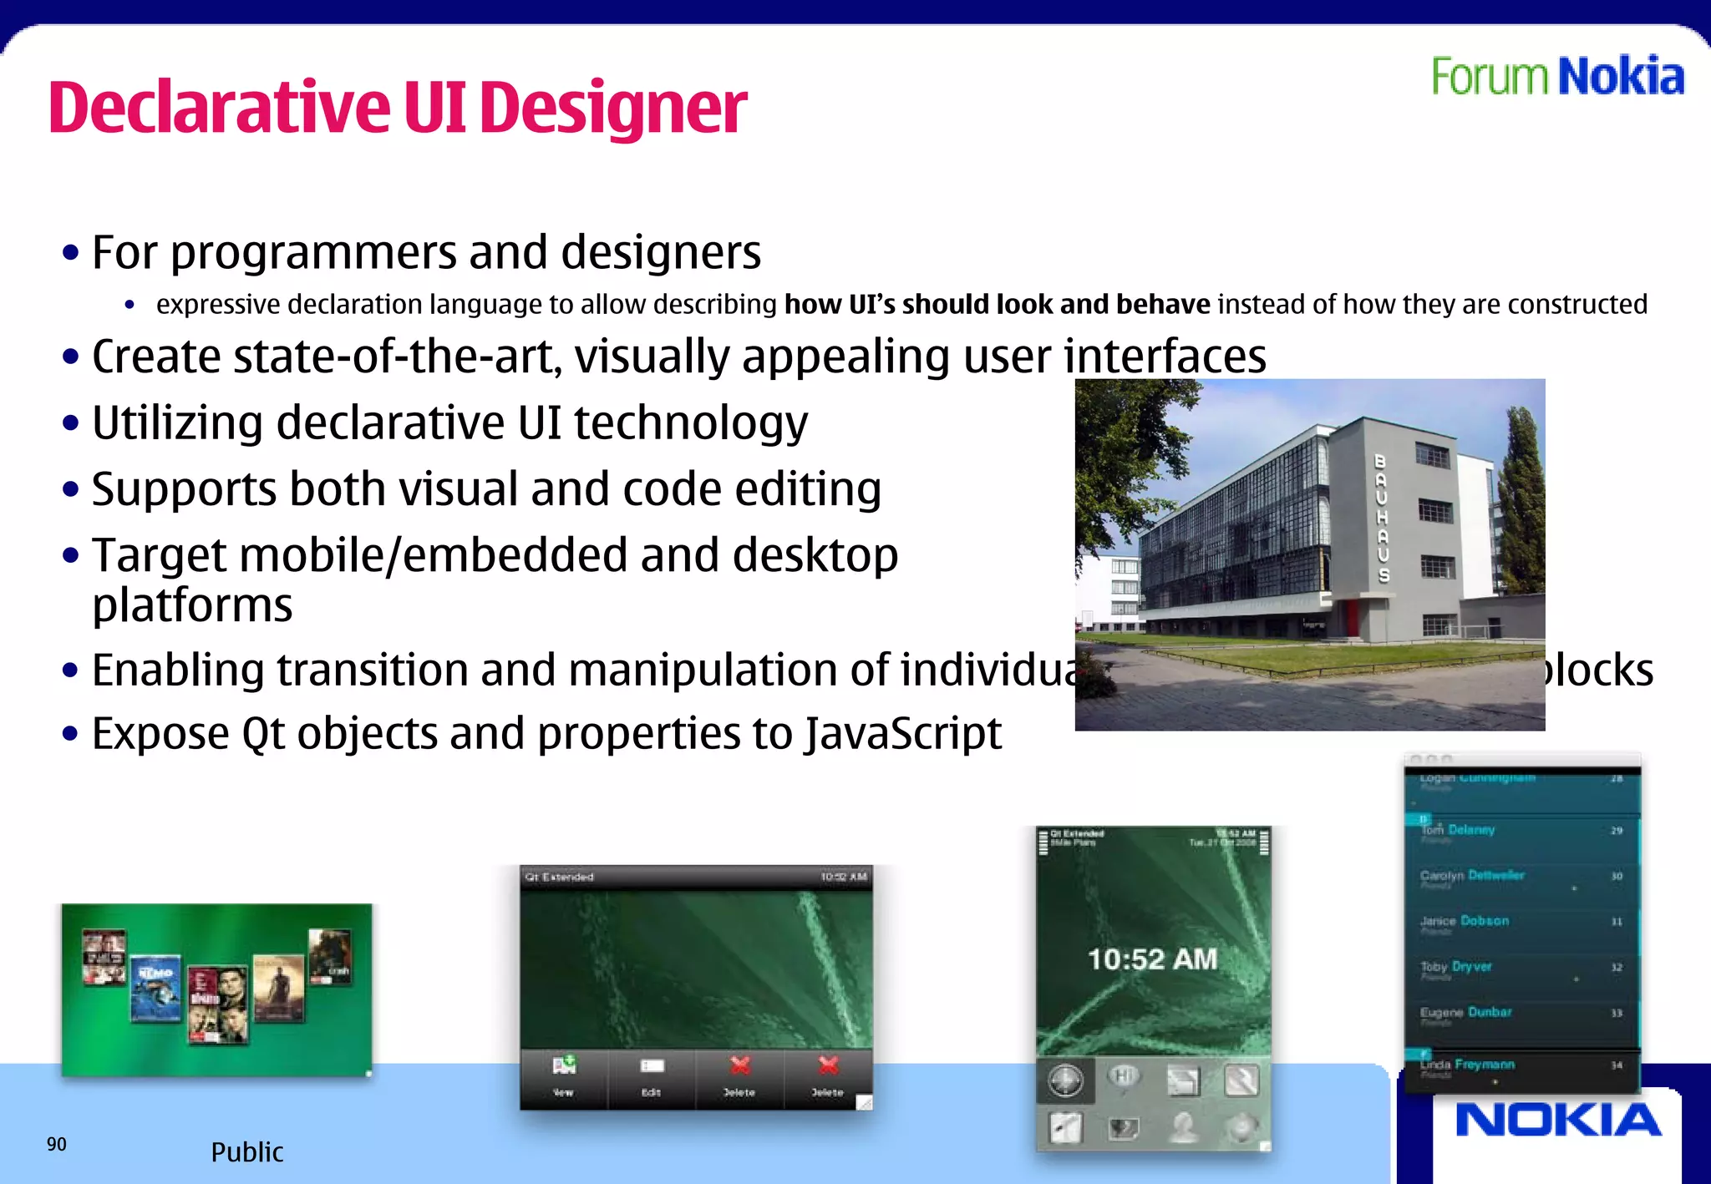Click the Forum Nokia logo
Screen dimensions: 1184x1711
pyautogui.click(x=1557, y=77)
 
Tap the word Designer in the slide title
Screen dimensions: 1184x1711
pyautogui.click(x=613, y=109)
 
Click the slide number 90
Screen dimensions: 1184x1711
pyautogui.click(x=56, y=1144)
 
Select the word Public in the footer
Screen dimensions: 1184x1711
pyautogui.click(x=246, y=1152)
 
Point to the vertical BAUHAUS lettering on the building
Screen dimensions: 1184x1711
pyautogui.click(x=1382, y=518)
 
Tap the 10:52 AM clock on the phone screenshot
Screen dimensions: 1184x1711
pyautogui.click(x=1152, y=959)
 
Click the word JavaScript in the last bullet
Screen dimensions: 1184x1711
pyautogui.click(x=903, y=734)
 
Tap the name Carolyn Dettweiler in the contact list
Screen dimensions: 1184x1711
pyautogui.click(x=1472, y=875)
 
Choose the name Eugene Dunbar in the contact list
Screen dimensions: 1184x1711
pyautogui.click(x=1465, y=1012)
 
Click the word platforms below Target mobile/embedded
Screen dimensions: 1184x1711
pyautogui.click(x=192, y=605)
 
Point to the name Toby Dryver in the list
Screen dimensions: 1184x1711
pyautogui.click(x=1455, y=966)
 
